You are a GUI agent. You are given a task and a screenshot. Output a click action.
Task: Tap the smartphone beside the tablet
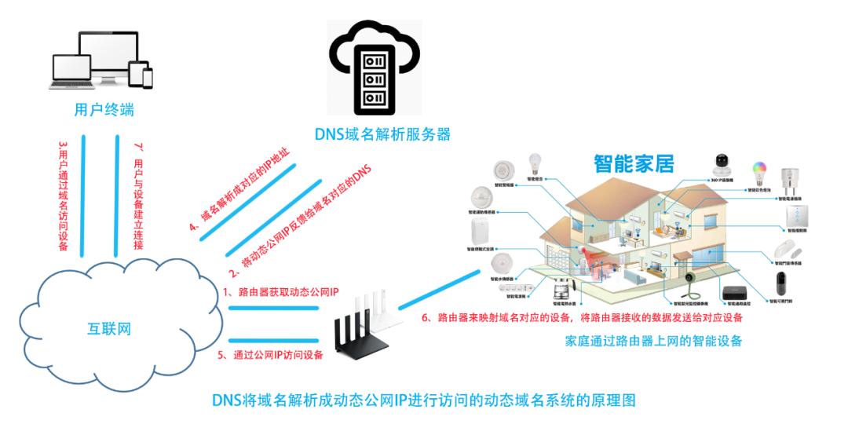[x=147, y=76]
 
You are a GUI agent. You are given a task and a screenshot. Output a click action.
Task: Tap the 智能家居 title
[x=634, y=163]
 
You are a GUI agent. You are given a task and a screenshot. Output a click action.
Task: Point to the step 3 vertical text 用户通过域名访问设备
[x=64, y=196]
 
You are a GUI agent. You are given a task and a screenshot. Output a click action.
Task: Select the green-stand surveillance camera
[x=690, y=283]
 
